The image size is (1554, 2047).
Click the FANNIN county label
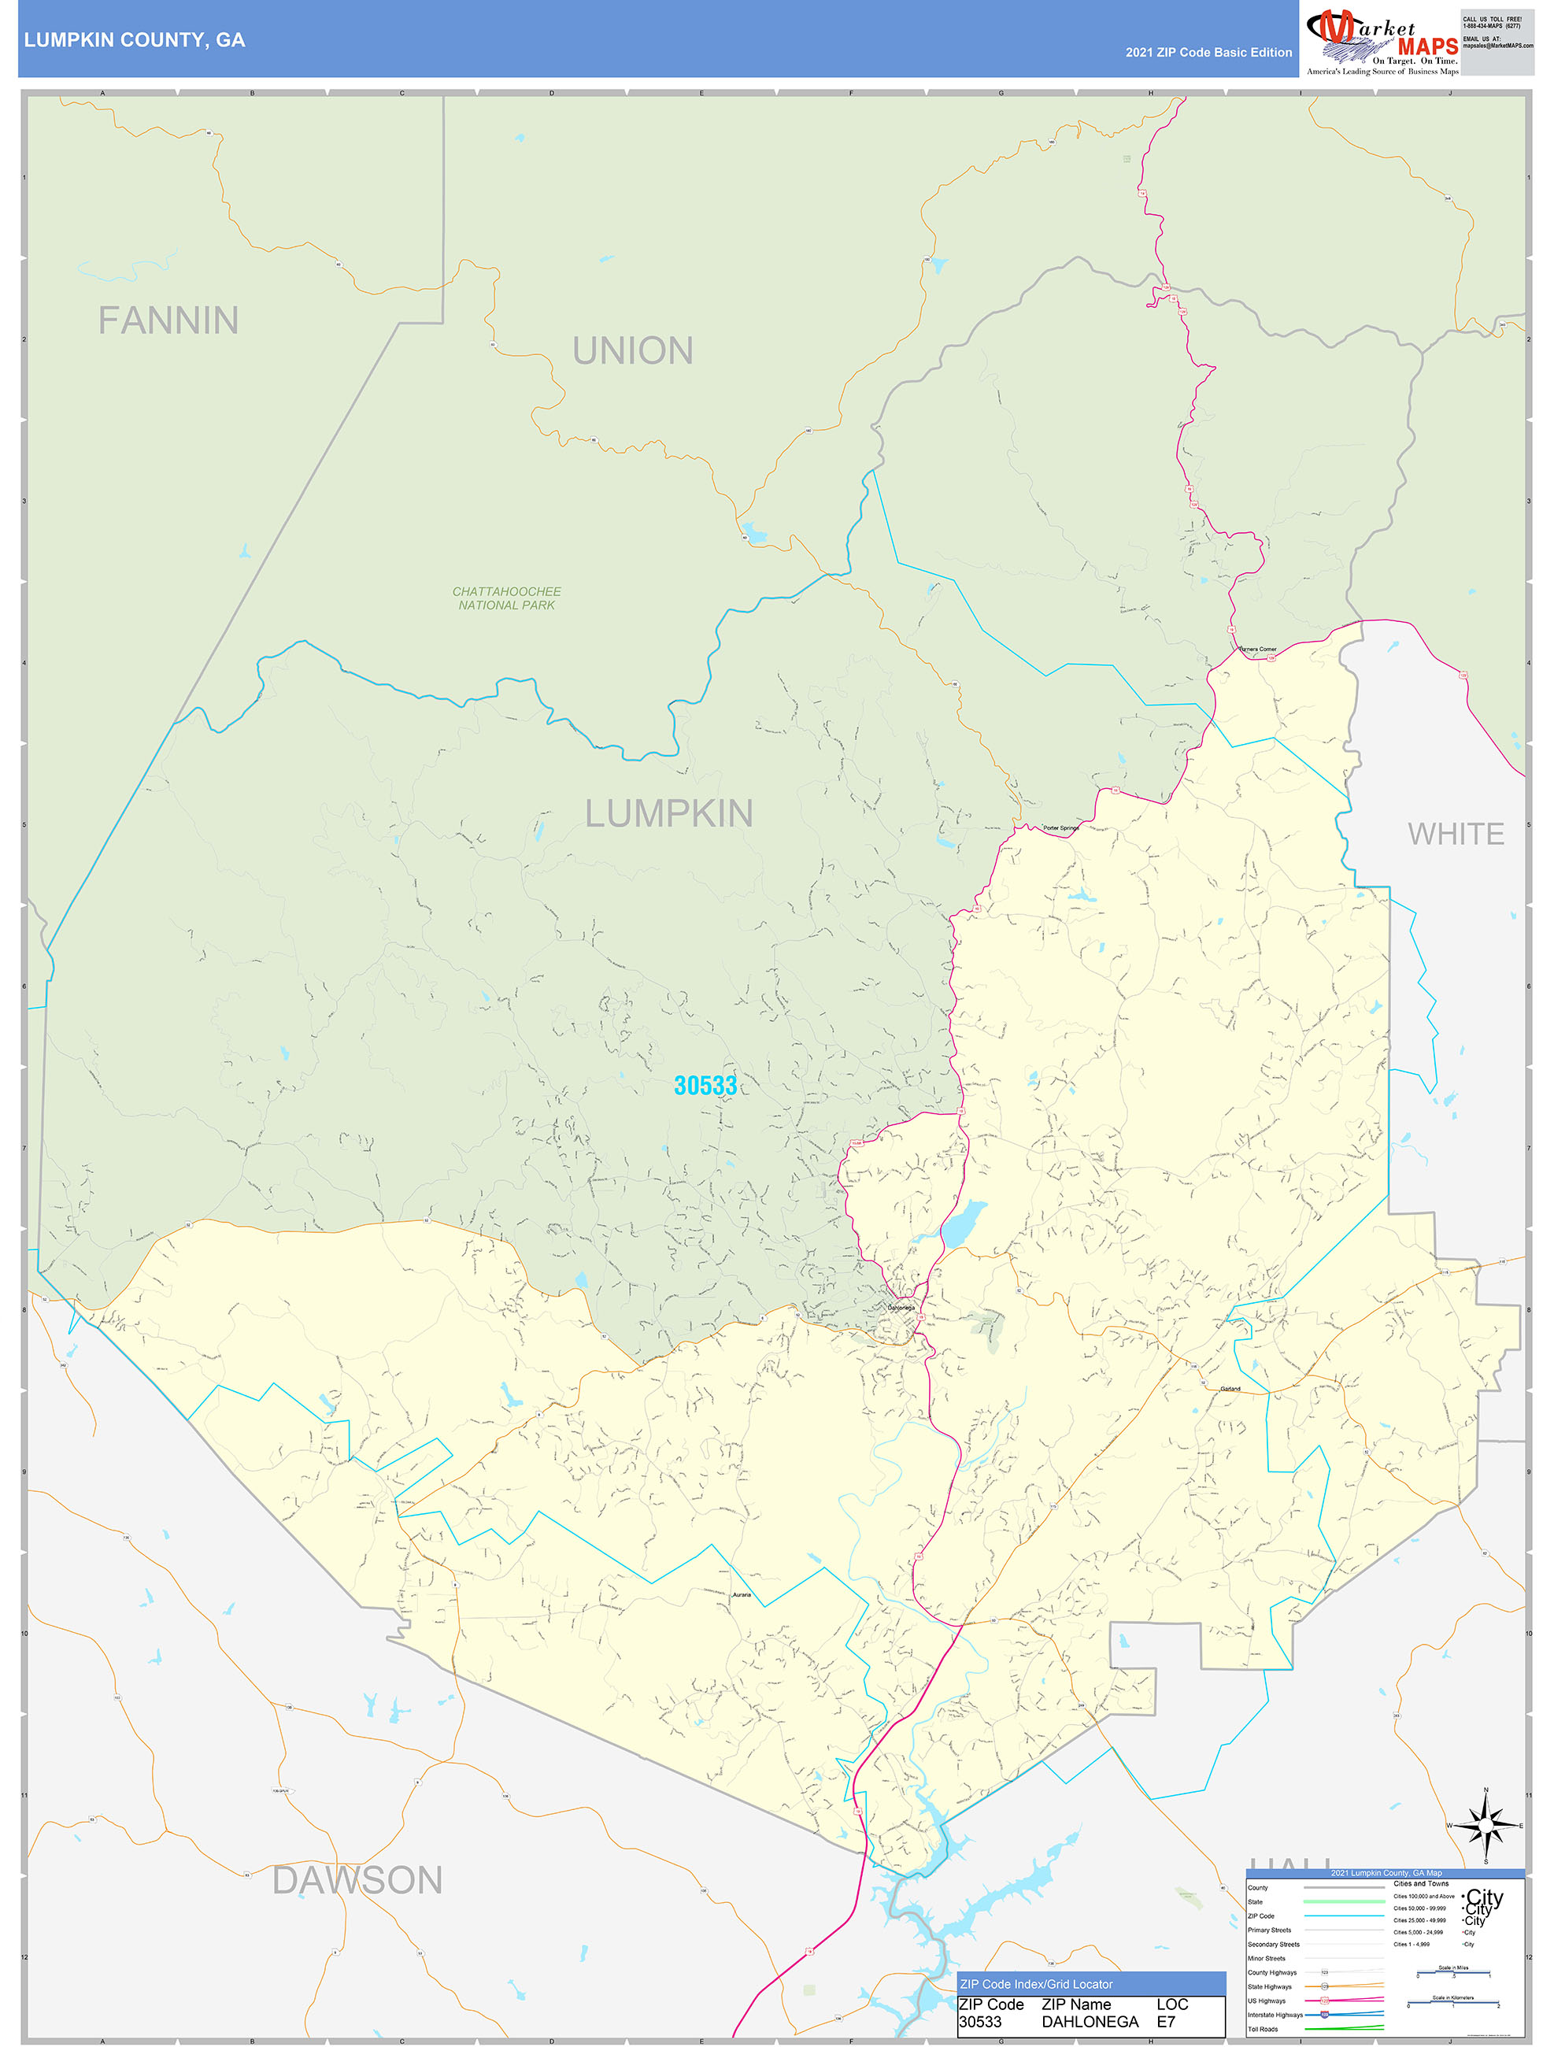[168, 321]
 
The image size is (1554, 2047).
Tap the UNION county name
[632, 352]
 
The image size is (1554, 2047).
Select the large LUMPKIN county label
[668, 814]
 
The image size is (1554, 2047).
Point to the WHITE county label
[1455, 834]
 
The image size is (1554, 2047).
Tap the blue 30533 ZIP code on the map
[705, 1086]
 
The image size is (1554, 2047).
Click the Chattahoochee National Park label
[506, 598]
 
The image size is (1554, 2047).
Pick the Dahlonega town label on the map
[901, 1308]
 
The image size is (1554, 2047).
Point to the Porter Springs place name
[1060, 828]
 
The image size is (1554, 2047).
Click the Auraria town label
[742, 1595]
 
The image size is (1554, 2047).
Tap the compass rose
[1486, 1826]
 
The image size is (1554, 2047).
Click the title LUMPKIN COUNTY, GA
[134, 40]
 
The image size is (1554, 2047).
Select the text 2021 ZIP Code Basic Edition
[1208, 53]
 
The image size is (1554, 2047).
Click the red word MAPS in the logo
[1427, 47]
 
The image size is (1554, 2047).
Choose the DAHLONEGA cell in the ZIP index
[1090, 2022]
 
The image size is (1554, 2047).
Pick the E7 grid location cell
[1165, 2022]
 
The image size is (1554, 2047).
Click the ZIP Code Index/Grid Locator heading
[1036, 1984]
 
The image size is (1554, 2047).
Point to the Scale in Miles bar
[1453, 1975]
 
